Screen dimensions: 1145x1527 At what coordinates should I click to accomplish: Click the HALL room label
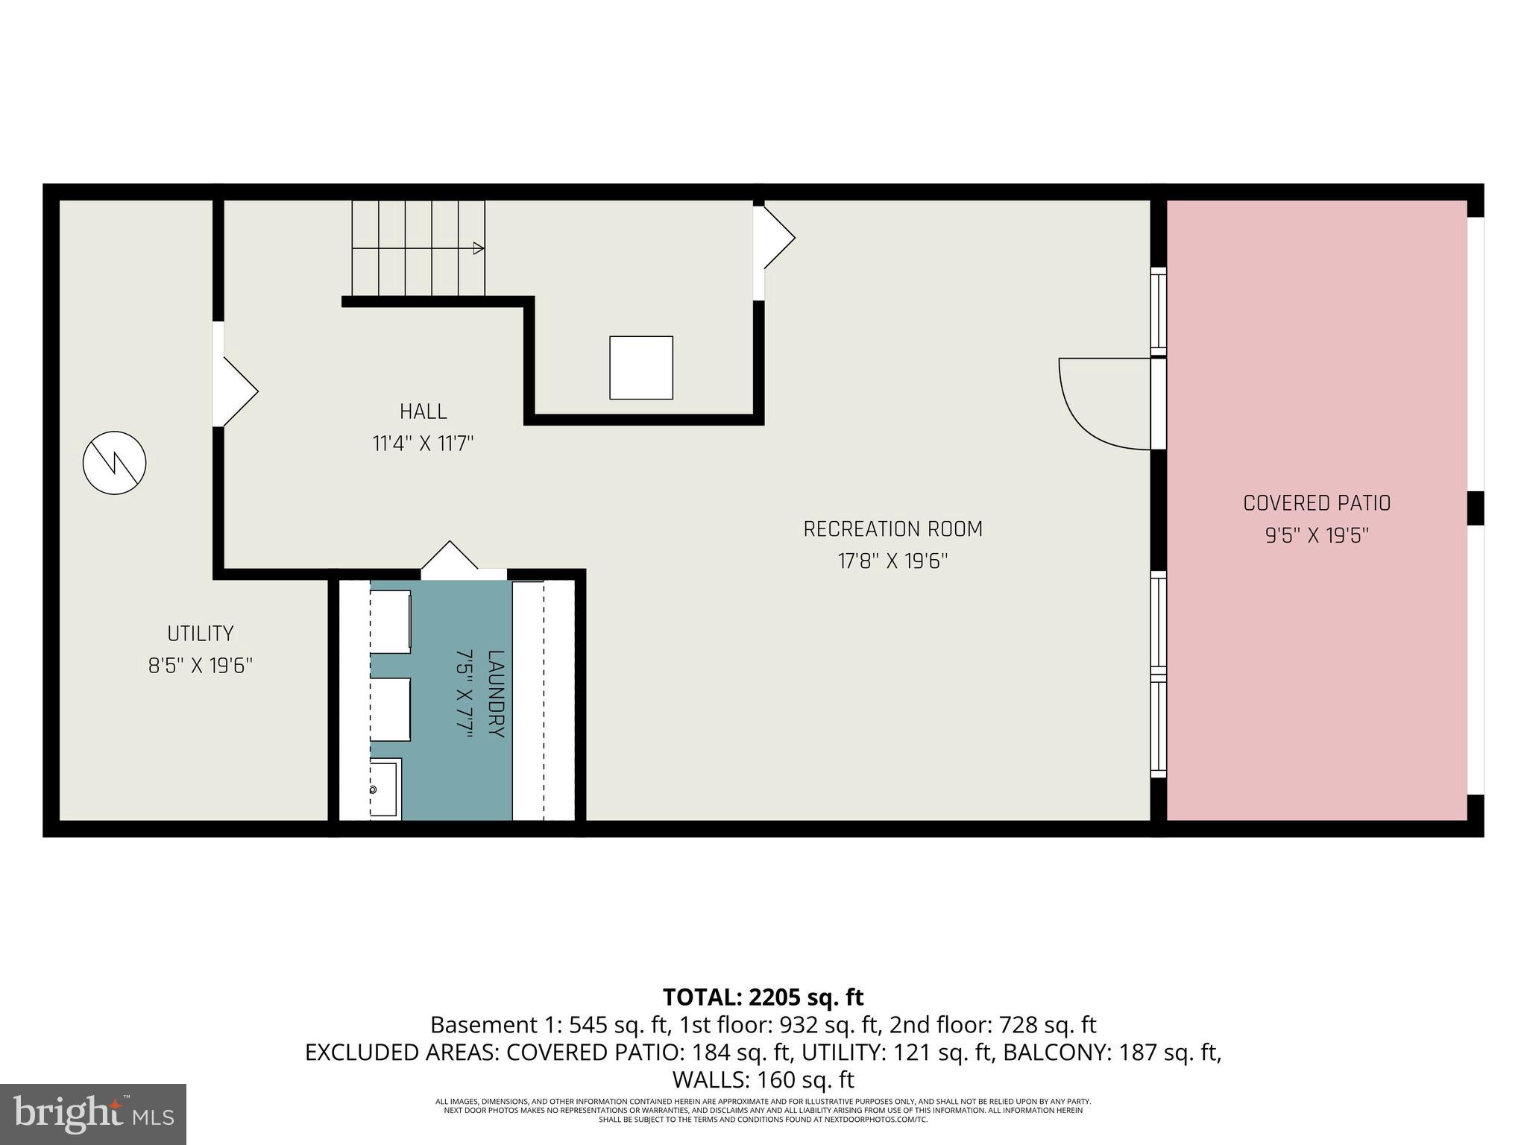pyautogui.click(x=423, y=411)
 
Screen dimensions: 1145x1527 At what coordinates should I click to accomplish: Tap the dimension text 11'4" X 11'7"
pyautogui.click(x=423, y=444)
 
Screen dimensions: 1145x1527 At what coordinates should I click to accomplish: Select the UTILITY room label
pyautogui.click(x=200, y=634)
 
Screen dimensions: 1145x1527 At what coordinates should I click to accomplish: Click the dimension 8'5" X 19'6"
pyautogui.click(x=200, y=666)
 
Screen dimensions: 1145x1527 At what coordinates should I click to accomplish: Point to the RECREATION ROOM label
pyautogui.click(x=892, y=529)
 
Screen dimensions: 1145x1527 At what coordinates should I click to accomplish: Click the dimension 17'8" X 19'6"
pyautogui.click(x=892, y=561)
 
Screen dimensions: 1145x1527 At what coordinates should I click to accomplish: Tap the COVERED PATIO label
pyautogui.click(x=1317, y=503)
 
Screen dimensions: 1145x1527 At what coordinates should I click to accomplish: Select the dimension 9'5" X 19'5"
pyautogui.click(x=1317, y=536)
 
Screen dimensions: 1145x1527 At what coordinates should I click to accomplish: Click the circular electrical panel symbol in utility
pyautogui.click(x=114, y=463)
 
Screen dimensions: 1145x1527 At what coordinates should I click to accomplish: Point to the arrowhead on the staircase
pyautogui.click(x=479, y=248)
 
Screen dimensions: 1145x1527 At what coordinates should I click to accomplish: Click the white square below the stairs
pyautogui.click(x=641, y=368)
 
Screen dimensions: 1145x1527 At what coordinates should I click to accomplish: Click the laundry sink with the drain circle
pyautogui.click(x=385, y=789)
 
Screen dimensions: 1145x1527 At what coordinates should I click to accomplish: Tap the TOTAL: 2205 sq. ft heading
pyautogui.click(x=763, y=997)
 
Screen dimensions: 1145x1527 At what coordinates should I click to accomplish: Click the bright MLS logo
pyautogui.click(x=93, y=1114)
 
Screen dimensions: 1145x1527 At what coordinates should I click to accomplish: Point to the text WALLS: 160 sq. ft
pyautogui.click(x=763, y=1079)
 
